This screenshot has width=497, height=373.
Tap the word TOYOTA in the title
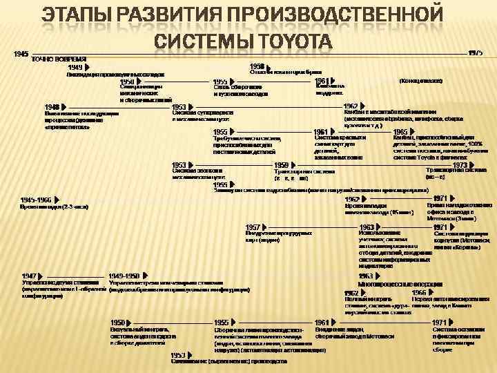click(x=290, y=41)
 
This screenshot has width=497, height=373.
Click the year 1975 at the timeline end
click(x=476, y=52)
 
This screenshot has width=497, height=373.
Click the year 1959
click(x=281, y=165)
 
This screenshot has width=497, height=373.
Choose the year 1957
click(x=253, y=227)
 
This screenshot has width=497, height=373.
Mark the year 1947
click(x=29, y=276)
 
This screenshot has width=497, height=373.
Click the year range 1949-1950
click(x=125, y=276)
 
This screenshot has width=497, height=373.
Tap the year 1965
click(x=400, y=131)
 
